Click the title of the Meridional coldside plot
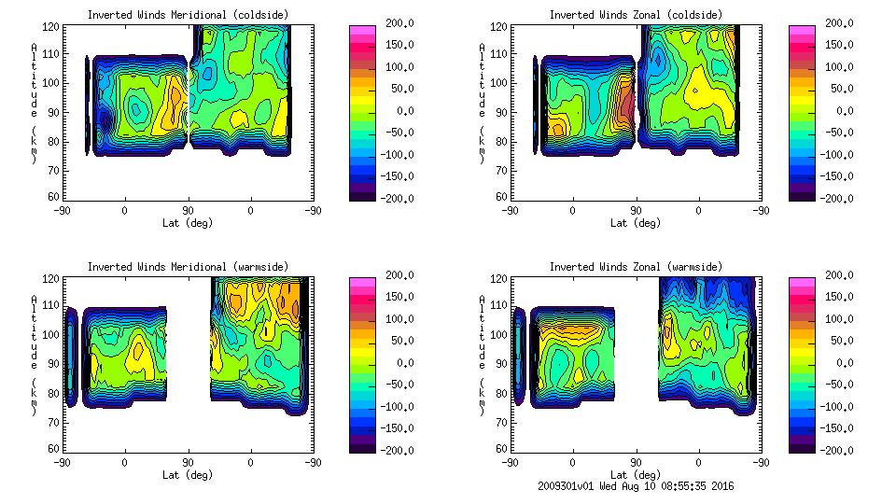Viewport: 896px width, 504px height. coord(188,15)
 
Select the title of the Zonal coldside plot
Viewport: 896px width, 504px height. coord(636,15)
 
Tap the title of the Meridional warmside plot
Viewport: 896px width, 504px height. coord(188,267)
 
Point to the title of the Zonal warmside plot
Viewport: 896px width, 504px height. coord(636,267)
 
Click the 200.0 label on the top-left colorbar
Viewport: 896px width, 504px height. coord(394,22)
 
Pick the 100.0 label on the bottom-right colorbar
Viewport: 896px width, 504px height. coord(833,318)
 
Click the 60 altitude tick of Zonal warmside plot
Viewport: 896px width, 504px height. coord(501,448)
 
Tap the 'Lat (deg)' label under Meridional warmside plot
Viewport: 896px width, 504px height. coord(188,474)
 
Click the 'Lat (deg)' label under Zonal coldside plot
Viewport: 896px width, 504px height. coord(636,223)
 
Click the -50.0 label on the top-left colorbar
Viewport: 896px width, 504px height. coord(394,133)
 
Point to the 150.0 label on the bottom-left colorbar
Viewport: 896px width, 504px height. coord(394,297)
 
